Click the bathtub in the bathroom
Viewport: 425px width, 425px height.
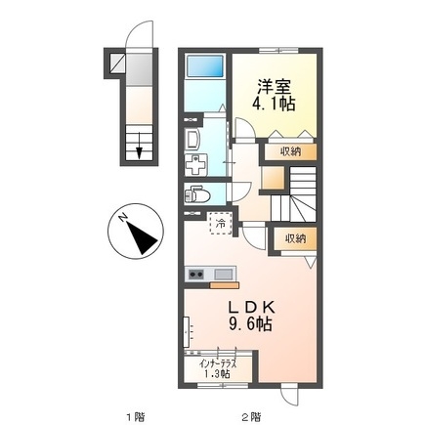pyautogui.click(x=206, y=69)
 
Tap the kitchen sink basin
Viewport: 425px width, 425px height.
pyautogui.click(x=222, y=274)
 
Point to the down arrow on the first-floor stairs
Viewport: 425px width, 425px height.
pyautogui.click(x=142, y=149)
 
